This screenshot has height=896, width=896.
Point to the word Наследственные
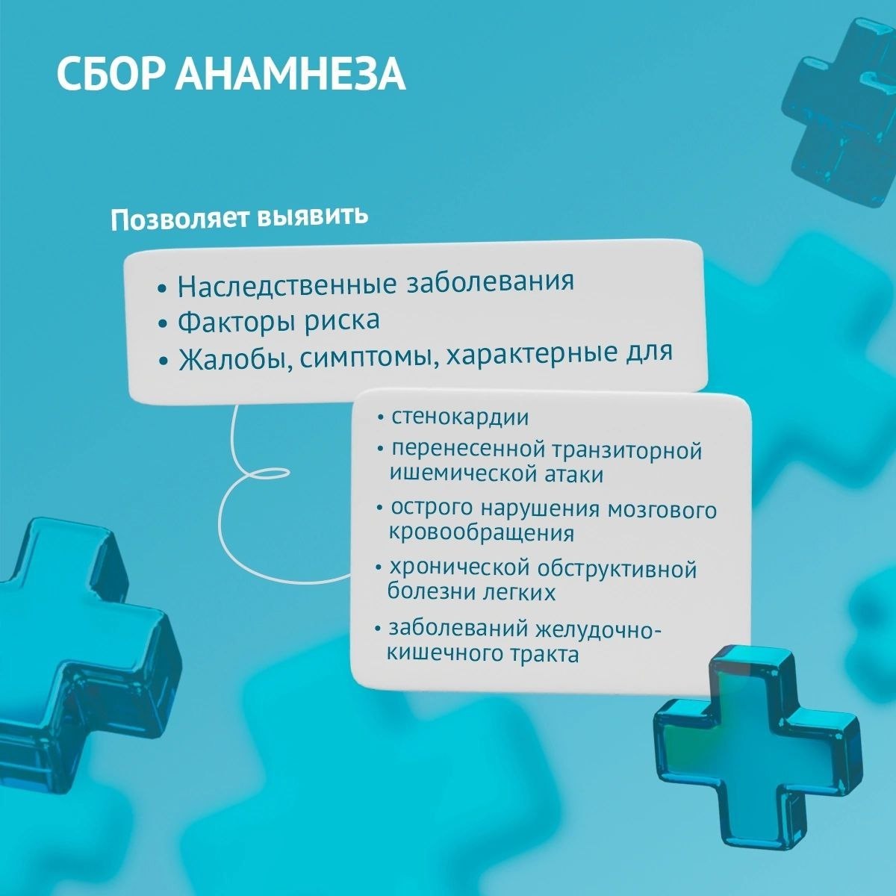click(287, 285)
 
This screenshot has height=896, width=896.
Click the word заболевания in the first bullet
click(491, 281)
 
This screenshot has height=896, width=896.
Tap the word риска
click(342, 320)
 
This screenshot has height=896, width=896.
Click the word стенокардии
click(460, 417)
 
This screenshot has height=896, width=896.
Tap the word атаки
click(573, 475)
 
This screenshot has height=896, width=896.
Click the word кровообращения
click(481, 533)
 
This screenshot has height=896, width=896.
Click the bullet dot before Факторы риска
click(162, 325)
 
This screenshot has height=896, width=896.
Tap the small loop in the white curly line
click(266, 474)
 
